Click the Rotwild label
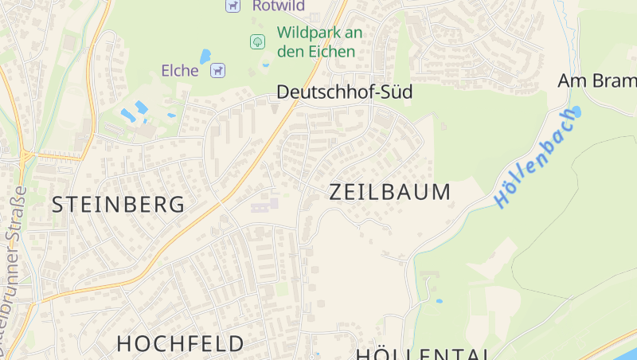point(279,6)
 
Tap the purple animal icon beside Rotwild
point(232,6)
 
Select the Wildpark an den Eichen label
point(319,41)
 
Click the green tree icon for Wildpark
point(257,41)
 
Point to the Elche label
point(180,71)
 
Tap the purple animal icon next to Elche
point(217,71)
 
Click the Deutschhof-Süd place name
point(344,92)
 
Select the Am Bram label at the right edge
point(597,81)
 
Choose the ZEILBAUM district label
point(390,192)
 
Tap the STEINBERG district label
point(119,205)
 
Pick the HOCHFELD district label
point(181,344)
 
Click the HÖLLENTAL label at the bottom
point(422,354)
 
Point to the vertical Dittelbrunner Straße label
point(13,271)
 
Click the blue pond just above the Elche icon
point(205,56)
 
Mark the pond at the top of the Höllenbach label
point(575,112)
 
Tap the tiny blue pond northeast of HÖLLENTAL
point(439,302)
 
